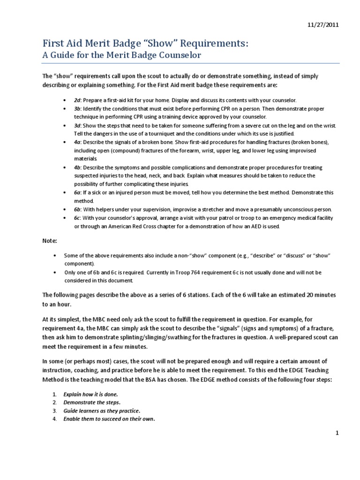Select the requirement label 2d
point(77,100)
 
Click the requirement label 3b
point(77,108)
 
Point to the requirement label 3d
point(77,126)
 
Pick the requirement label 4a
point(77,142)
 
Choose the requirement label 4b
point(77,167)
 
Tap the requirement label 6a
point(77,192)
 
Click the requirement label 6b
point(77,209)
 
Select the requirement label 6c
point(77,218)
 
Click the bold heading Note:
point(50,240)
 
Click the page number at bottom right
point(337,433)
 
